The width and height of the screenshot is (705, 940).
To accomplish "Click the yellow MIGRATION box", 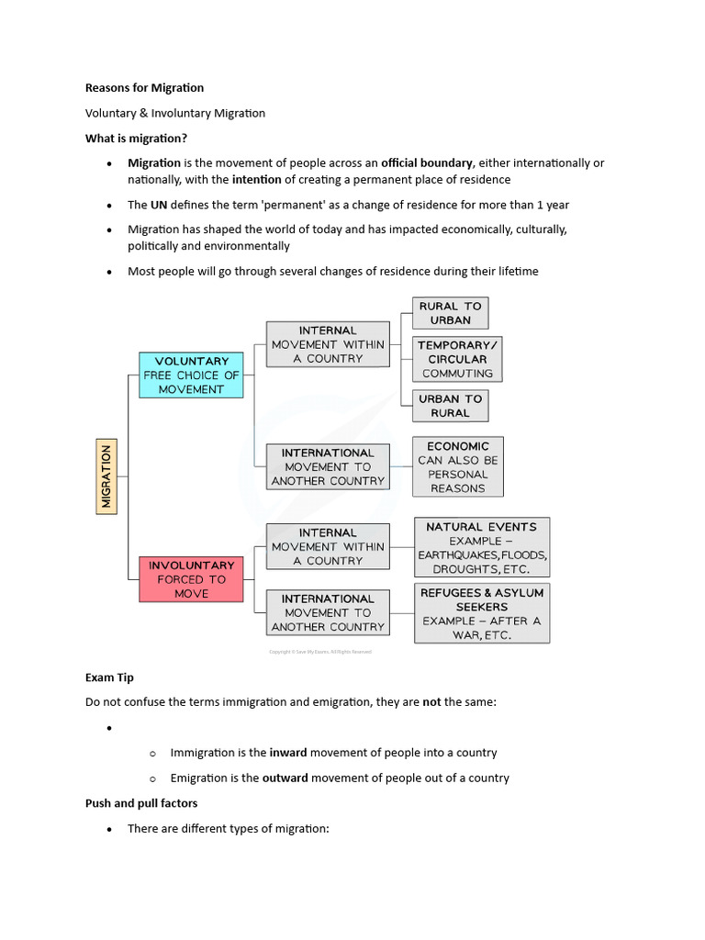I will pyautogui.click(x=106, y=476).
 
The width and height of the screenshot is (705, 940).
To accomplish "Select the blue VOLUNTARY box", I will pyautogui.click(x=191, y=375).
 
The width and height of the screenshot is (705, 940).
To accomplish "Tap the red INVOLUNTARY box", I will pyautogui.click(x=191, y=579).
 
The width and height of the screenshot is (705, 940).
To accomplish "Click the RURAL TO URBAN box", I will pyautogui.click(x=450, y=313).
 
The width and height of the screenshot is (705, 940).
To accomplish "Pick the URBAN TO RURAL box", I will pyautogui.click(x=450, y=406).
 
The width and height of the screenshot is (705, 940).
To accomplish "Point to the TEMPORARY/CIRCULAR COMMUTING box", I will pyautogui.click(x=457, y=359).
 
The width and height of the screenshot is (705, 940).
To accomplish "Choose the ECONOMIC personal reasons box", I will pyautogui.click(x=457, y=467).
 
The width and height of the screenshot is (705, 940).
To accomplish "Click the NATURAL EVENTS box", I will pyautogui.click(x=481, y=548).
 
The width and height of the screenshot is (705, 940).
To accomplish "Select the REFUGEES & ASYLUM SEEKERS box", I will pyautogui.click(x=481, y=613).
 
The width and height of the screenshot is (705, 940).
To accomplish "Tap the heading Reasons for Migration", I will pyautogui.click(x=144, y=88).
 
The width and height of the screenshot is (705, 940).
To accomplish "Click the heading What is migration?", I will pyautogui.click(x=136, y=138).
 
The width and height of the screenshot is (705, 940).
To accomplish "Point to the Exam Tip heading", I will pyautogui.click(x=109, y=677).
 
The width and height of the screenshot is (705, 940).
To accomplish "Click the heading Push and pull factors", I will pyautogui.click(x=140, y=803).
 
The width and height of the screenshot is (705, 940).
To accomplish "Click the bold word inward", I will pyautogui.click(x=287, y=753).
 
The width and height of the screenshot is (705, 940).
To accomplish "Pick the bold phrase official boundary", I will pyautogui.click(x=428, y=162).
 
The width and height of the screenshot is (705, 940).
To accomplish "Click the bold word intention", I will pyautogui.click(x=256, y=179).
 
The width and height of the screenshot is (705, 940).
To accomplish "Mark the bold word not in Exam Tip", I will pyautogui.click(x=431, y=702).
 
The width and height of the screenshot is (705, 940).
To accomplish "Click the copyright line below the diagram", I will pyautogui.click(x=319, y=652).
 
